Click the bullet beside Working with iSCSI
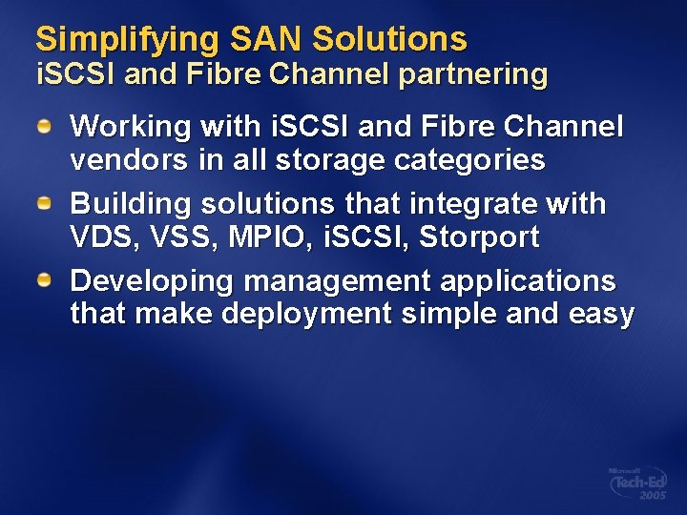[45, 126]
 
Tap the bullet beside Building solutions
[45, 203]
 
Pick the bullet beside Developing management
[45, 281]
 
